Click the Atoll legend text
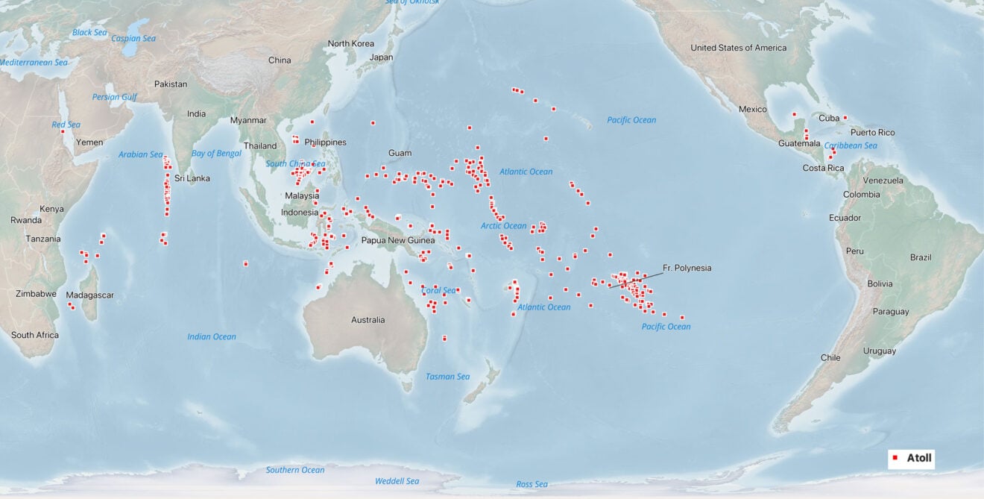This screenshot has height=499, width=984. tap(919, 458)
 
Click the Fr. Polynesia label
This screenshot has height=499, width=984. tap(687, 268)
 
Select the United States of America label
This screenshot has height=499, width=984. tap(738, 48)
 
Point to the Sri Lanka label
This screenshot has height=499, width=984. tap(192, 178)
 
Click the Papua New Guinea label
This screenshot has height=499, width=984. tap(398, 240)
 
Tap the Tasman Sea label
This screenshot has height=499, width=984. tap(447, 377)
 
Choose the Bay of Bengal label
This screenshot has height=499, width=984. tap(216, 153)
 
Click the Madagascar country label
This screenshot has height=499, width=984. tap(89, 295)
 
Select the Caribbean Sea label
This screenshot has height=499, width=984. tap(851, 145)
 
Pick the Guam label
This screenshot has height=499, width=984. tap(400, 153)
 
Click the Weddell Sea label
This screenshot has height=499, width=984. tap(397, 481)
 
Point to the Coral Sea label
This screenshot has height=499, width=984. tap(439, 290)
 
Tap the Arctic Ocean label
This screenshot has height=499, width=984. tap(503, 226)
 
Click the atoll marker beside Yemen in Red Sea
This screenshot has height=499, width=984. tap(63, 132)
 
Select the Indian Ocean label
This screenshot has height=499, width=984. tap(212, 336)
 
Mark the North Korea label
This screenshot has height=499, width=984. tap(351, 43)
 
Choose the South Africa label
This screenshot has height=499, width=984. tap(34, 335)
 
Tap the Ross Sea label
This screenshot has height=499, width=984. tap(532, 485)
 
